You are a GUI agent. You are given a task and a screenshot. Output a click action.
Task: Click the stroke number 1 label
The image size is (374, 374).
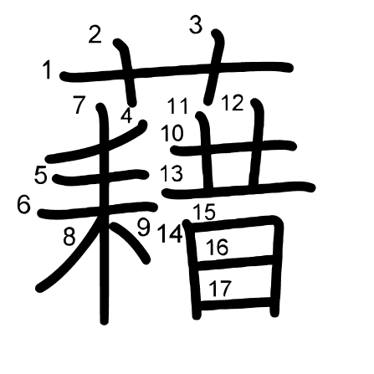(48, 70)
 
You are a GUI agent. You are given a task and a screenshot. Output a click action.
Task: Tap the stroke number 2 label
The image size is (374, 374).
(95, 34)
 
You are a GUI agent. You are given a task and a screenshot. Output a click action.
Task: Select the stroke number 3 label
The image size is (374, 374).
(196, 24)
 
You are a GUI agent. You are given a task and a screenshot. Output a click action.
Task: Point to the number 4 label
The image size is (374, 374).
(126, 115)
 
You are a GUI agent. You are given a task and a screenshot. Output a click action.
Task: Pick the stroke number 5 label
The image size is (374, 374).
(41, 175)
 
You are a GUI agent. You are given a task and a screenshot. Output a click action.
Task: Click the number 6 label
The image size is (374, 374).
(23, 205)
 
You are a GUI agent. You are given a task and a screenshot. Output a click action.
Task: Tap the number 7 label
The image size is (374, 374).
(79, 105)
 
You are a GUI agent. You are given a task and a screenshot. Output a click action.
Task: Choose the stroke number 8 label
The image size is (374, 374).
(69, 237)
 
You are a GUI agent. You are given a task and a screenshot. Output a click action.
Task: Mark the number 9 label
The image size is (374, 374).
(144, 227)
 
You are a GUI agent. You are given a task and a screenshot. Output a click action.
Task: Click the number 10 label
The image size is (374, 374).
(172, 133)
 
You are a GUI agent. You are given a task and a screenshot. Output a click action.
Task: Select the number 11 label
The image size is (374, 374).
(177, 106)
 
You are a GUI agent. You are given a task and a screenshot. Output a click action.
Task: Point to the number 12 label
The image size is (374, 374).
(233, 103)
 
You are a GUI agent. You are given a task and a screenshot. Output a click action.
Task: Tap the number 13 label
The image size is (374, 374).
(172, 173)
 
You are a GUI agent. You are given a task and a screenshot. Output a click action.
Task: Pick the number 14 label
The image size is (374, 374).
(171, 233)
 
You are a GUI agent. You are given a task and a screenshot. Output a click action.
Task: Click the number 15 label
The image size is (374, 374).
(204, 212)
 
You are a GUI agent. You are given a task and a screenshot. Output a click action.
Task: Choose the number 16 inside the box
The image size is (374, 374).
(217, 247)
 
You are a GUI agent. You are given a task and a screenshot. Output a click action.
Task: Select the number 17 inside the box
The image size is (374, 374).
(220, 288)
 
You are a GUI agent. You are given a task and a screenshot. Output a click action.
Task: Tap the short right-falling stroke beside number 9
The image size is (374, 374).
(131, 243)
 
